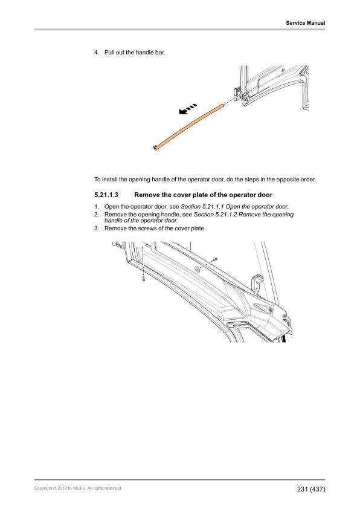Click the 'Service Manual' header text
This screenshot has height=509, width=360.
click(306, 23)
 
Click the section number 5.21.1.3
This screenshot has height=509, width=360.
click(106, 195)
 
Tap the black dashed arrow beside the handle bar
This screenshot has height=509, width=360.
click(188, 109)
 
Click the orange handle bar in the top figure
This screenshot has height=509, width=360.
click(188, 126)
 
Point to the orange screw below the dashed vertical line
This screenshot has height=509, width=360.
click(143, 279)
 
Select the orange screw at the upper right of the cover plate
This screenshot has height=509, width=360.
click(216, 259)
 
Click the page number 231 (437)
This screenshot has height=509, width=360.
click(311, 489)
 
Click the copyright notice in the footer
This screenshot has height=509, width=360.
click(78, 488)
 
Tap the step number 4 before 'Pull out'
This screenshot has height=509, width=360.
click(96, 52)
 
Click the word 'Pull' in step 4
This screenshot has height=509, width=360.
click(109, 52)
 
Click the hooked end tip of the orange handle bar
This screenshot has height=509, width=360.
click(155, 149)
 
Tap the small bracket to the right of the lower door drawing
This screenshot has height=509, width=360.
click(257, 282)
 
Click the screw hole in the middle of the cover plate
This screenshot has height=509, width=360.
click(197, 268)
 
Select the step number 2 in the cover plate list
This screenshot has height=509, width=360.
click(96, 214)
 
